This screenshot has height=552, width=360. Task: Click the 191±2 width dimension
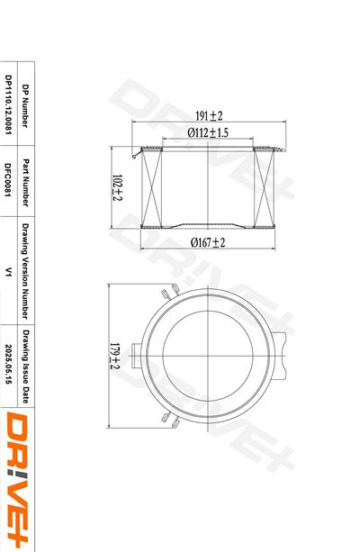coord(209,115)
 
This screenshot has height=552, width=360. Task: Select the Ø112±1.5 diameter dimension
coord(208,132)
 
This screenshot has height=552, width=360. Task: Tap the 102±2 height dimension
coord(117,187)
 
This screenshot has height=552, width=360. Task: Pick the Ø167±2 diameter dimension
coord(208,242)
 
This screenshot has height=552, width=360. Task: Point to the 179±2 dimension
coord(115,357)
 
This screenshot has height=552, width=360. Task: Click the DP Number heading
coord(25,106)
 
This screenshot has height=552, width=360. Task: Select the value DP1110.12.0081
coord(8,104)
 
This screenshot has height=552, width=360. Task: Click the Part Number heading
coord(25,183)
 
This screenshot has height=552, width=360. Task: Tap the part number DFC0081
coord(8,179)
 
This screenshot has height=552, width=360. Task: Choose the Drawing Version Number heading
coord(25,271)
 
